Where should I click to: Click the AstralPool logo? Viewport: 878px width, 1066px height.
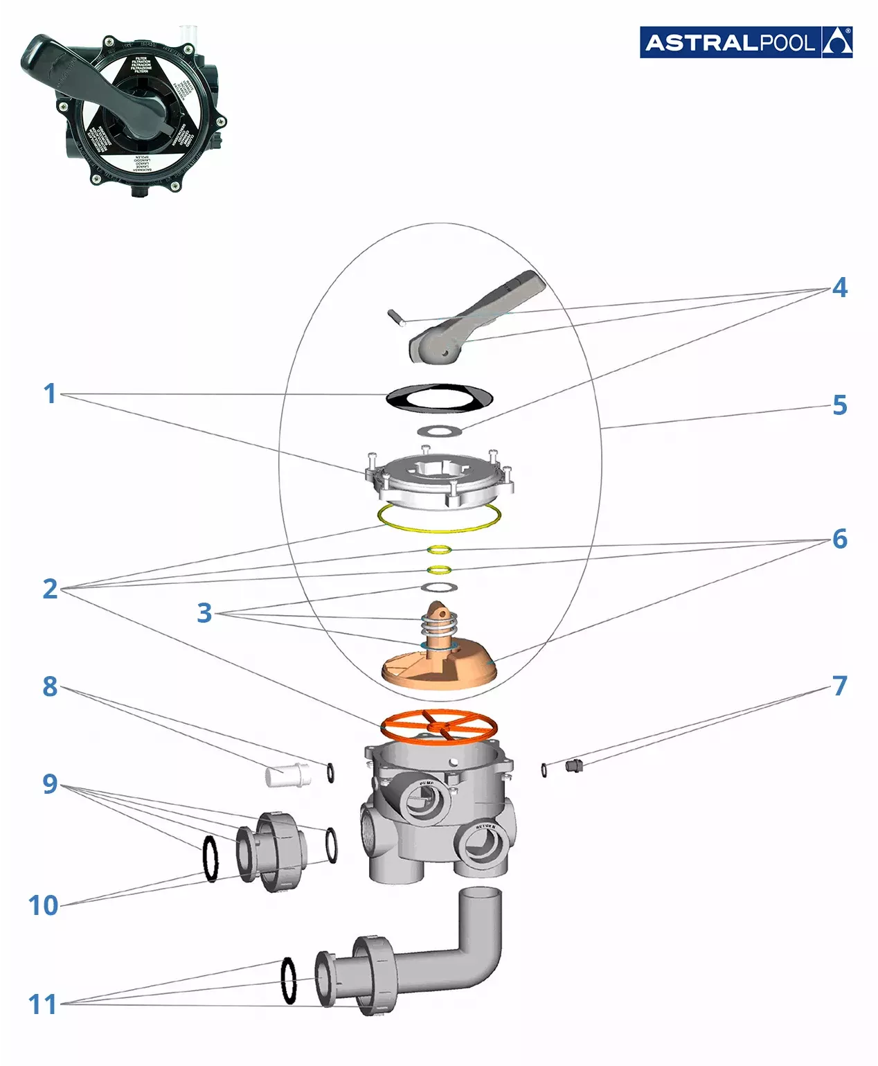(x=746, y=42)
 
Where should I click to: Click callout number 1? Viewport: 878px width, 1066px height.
(x=50, y=393)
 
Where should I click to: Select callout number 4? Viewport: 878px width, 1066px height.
(x=839, y=287)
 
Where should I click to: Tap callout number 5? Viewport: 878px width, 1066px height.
(x=839, y=405)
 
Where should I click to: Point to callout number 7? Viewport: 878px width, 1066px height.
(x=839, y=686)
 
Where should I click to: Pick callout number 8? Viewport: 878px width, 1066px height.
(x=50, y=686)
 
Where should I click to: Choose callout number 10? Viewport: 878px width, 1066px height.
(x=43, y=905)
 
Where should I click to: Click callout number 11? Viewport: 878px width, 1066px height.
(x=42, y=1004)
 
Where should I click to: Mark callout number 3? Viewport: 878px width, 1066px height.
(x=204, y=613)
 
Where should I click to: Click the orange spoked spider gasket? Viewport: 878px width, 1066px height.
(x=439, y=725)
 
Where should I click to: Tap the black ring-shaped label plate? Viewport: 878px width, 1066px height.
(x=439, y=397)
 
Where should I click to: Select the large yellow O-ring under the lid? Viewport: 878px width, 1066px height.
(x=439, y=518)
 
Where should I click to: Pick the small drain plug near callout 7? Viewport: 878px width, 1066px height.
(x=573, y=765)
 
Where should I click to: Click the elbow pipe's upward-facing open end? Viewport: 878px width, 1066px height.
(x=479, y=894)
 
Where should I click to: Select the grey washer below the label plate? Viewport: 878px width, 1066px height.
(x=440, y=431)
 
